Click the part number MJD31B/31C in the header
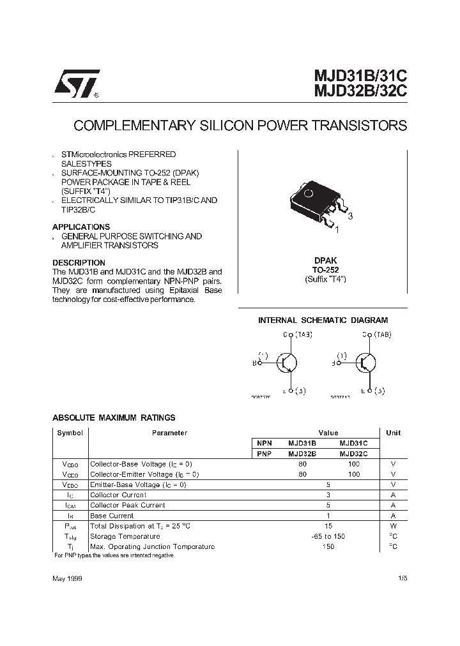point(360,77)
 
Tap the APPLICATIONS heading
point(81,227)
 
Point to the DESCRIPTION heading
point(79,262)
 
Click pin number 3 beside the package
point(350,216)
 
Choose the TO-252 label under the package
point(325,270)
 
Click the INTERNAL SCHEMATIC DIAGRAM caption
point(323,320)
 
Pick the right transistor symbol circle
point(367,363)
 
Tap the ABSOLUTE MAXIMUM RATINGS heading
point(114,418)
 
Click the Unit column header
point(394,433)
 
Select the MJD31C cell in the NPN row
point(353,443)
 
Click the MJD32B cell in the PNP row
point(302,453)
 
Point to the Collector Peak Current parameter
point(128,505)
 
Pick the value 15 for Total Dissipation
point(328,526)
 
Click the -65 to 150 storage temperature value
point(328,536)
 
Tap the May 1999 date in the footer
point(66,578)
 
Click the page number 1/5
point(401,578)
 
